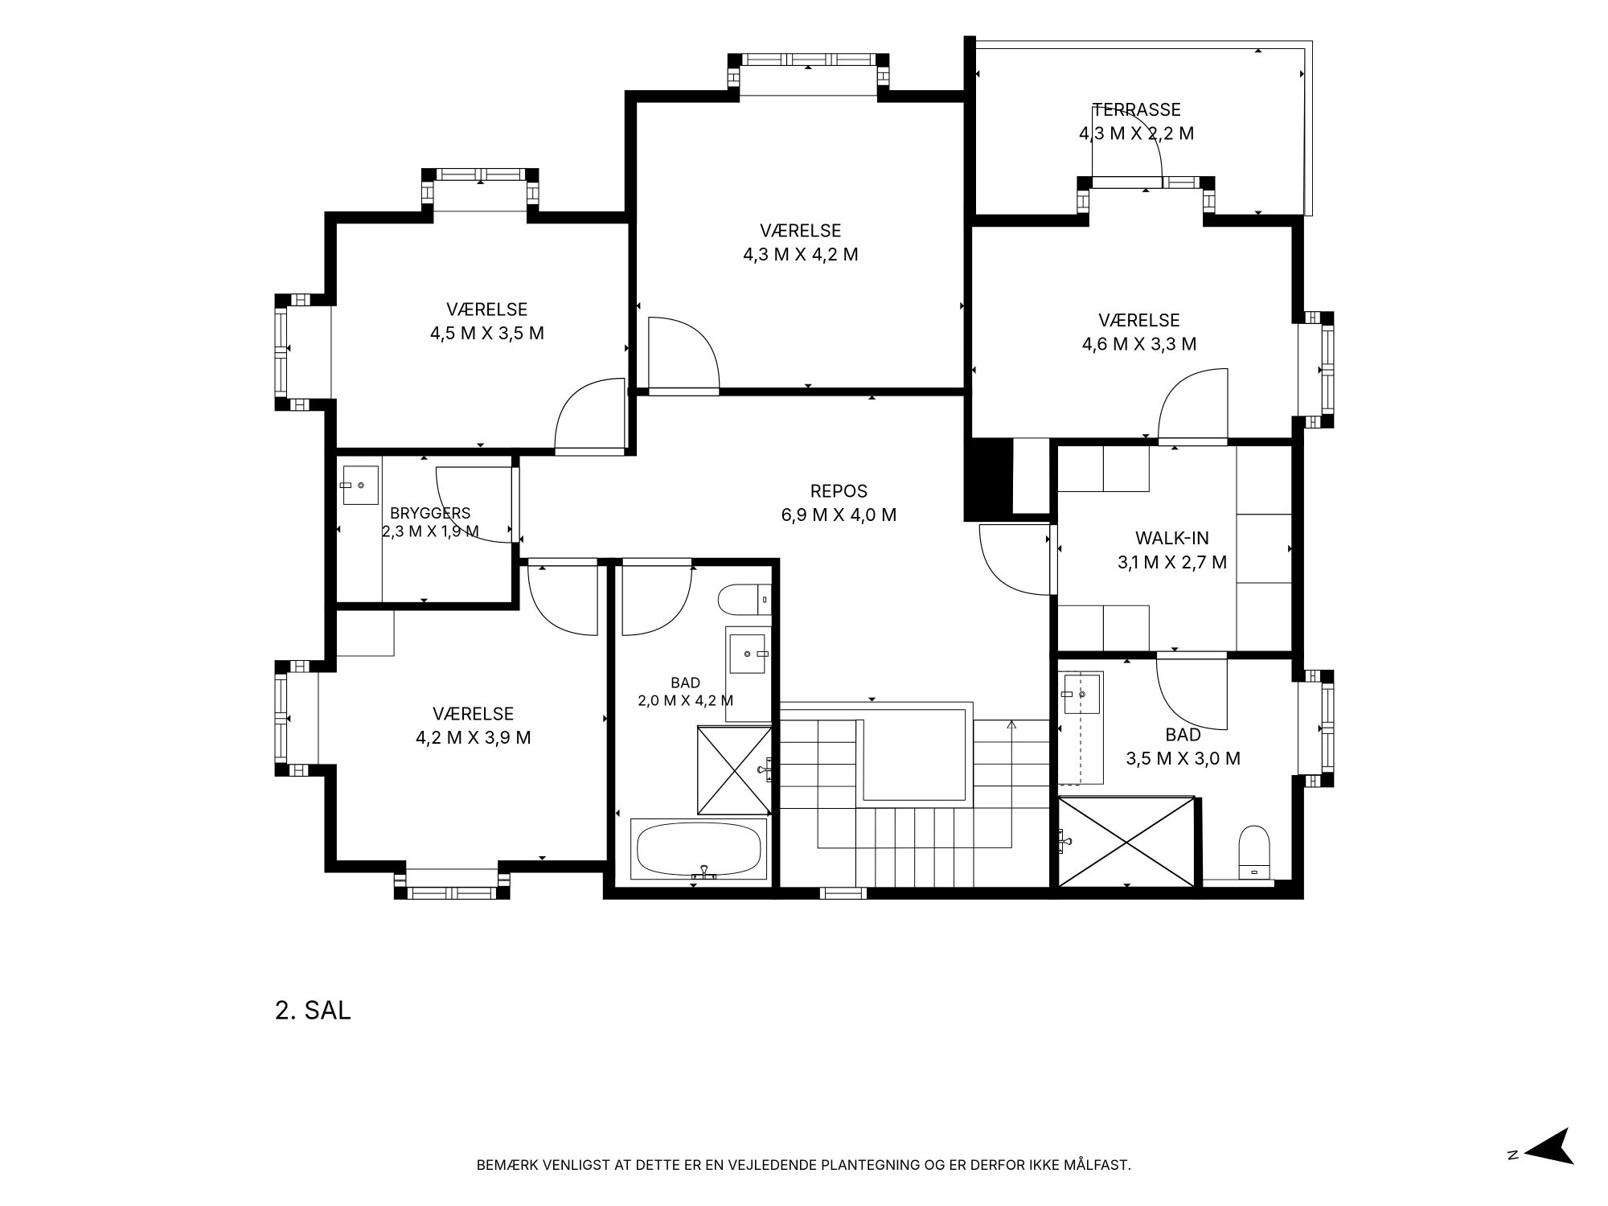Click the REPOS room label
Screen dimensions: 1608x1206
[x=839, y=491]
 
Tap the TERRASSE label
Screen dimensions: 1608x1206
[x=1136, y=109]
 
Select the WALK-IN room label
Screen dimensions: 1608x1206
[x=1171, y=538]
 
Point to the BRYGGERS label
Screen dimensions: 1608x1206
[x=430, y=513]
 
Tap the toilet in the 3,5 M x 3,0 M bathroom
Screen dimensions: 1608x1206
[x=1253, y=851]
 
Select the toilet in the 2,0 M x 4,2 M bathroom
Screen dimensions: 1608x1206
[x=745, y=599]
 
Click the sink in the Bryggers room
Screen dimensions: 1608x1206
[x=360, y=485]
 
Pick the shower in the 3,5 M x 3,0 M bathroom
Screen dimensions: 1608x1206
[x=1126, y=842]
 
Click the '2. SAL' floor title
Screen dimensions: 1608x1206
[x=313, y=1011]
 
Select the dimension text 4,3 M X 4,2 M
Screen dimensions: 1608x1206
[x=800, y=255]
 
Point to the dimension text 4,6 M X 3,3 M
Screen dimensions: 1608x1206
[x=1138, y=344]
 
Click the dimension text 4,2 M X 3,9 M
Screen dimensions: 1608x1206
[x=473, y=737]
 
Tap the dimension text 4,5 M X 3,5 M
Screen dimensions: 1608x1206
[x=486, y=333]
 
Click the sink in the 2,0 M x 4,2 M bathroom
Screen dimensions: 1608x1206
[x=748, y=653]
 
